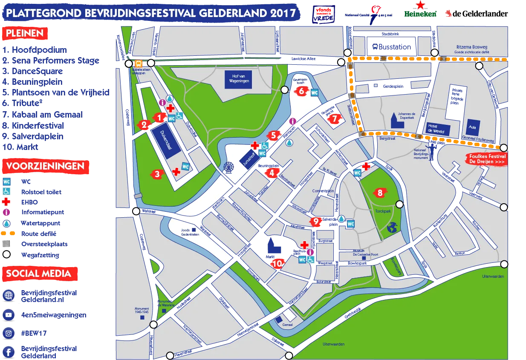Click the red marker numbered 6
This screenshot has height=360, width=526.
click(x=301, y=91)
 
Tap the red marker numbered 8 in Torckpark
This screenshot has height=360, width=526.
click(x=380, y=193)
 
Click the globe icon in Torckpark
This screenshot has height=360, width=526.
click(x=392, y=229)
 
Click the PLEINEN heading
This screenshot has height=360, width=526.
click(x=24, y=34)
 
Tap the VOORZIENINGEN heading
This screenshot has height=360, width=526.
click(x=45, y=166)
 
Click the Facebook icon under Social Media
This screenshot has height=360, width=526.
click(x=8, y=352)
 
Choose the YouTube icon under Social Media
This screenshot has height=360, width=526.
click(x=8, y=315)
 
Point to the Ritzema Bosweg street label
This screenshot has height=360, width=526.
click(x=471, y=47)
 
